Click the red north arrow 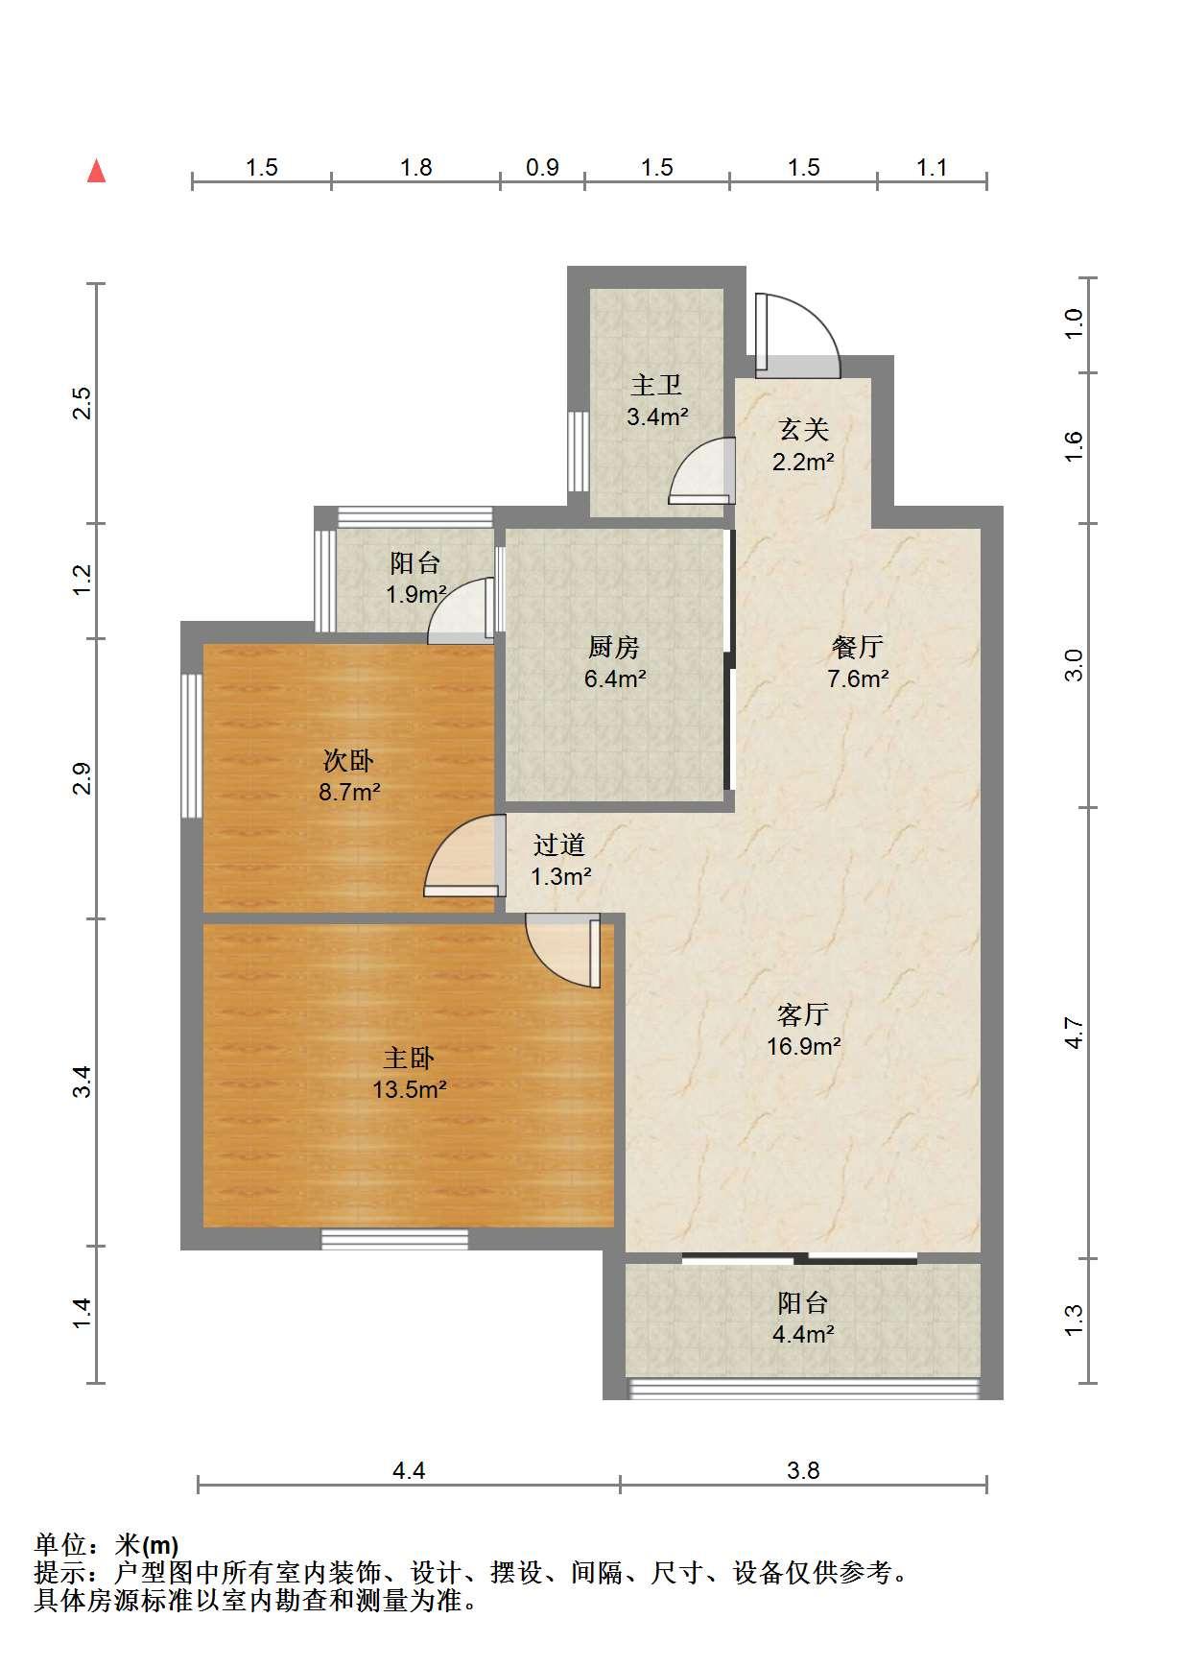coord(96,171)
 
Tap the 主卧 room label coord(409,1059)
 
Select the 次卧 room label coord(347,761)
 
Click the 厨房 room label coord(614,648)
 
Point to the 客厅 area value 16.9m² coord(804,1045)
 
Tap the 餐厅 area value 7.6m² coord(858,678)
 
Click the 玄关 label coord(803,430)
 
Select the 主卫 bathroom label coord(657,386)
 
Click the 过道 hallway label coord(558,845)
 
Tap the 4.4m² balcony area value coord(803,1334)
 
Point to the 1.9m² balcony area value coord(416,594)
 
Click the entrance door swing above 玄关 coord(797,332)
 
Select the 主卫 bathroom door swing coord(701,470)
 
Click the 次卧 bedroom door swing coord(464,855)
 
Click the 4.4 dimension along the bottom coord(409,1470)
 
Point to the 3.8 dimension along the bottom coord(803,1470)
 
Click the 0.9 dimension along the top coord(542,168)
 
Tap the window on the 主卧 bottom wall coord(394,1239)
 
